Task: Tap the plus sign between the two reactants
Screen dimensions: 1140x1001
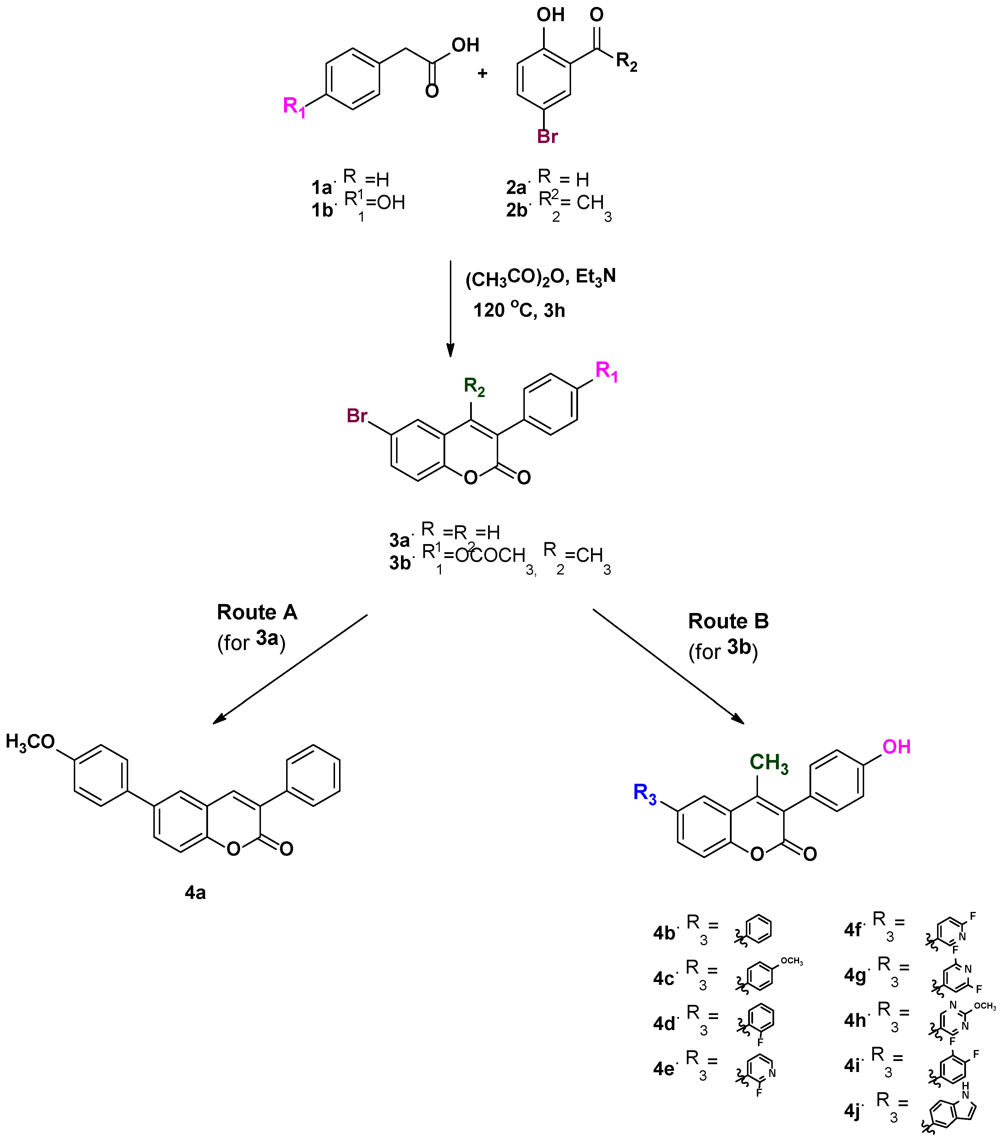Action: tap(482, 73)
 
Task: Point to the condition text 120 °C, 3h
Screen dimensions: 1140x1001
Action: tap(519, 310)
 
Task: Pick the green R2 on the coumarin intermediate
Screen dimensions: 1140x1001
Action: tap(474, 386)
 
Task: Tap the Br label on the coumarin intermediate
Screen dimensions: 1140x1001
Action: tap(357, 416)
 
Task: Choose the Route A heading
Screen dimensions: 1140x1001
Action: tap(257, 612)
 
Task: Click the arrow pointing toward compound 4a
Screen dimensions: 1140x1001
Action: tap(290, 669)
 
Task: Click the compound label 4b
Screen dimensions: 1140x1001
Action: tap(664, 933)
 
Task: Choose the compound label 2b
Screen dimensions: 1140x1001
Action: tap(516, 210)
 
